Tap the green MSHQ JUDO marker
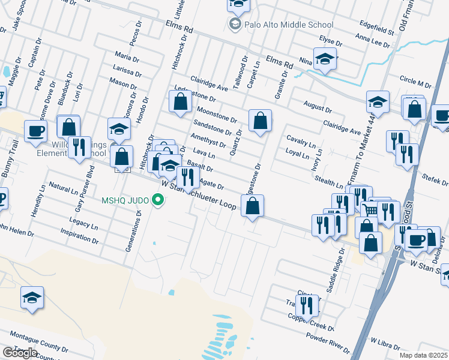[x=158, y=200]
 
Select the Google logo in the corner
[x=20, y=353]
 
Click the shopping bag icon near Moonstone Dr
[x=181, y=102]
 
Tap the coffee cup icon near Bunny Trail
[x=35, y=130]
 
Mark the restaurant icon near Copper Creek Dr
[x=307, y=305]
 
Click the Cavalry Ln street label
[x=301, y=140]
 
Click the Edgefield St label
[x=376, y=27]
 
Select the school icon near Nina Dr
[x=325, y=59]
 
